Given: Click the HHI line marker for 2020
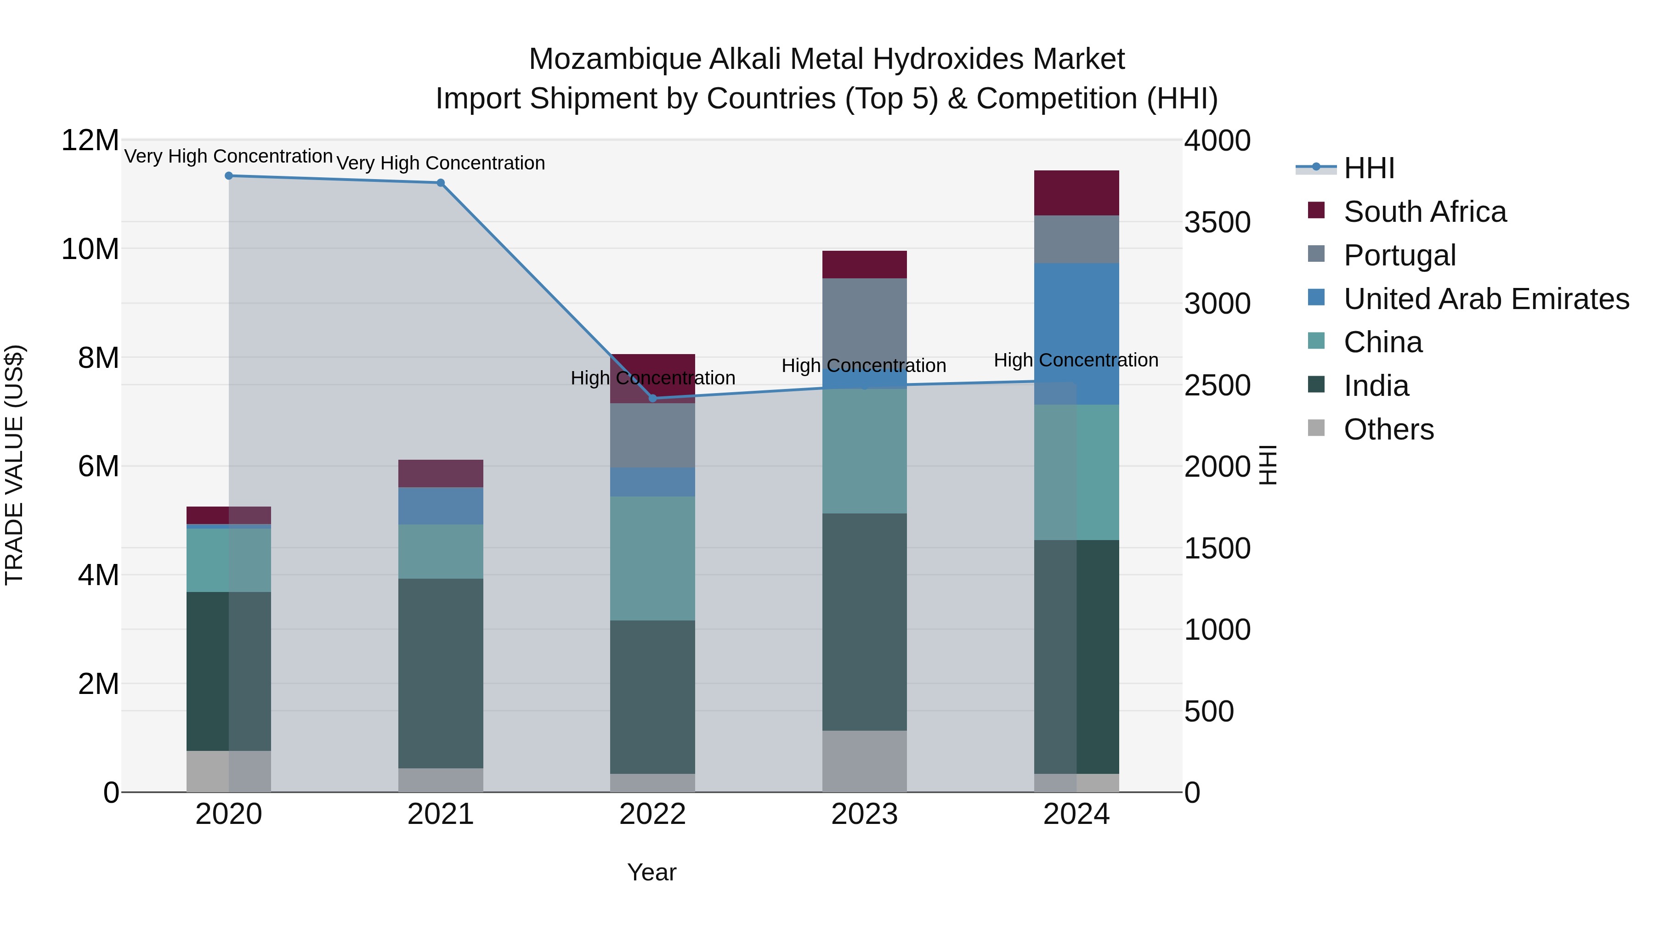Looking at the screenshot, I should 229,176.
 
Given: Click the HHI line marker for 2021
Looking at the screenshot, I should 441,183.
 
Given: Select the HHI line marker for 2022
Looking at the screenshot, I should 653,399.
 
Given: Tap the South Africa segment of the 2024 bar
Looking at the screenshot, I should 1076,192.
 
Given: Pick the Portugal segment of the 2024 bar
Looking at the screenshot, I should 1076,239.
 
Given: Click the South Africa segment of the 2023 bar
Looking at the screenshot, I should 864,265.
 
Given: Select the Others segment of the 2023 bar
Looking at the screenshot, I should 864,761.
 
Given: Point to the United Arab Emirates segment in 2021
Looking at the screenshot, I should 441,506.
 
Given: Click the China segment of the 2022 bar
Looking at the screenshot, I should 652,558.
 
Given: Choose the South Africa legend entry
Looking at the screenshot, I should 1424,212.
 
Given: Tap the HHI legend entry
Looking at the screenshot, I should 1369,168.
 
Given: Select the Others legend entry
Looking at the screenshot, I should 1388,429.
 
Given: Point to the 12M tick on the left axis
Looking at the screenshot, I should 90,141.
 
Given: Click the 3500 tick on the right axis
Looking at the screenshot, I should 1217,223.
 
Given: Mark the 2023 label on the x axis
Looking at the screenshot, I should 864,814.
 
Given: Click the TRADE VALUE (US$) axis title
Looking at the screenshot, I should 14,465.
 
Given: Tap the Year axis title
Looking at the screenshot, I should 651,872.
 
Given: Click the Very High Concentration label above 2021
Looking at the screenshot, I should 441,163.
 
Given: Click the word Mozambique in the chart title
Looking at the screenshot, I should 615,59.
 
